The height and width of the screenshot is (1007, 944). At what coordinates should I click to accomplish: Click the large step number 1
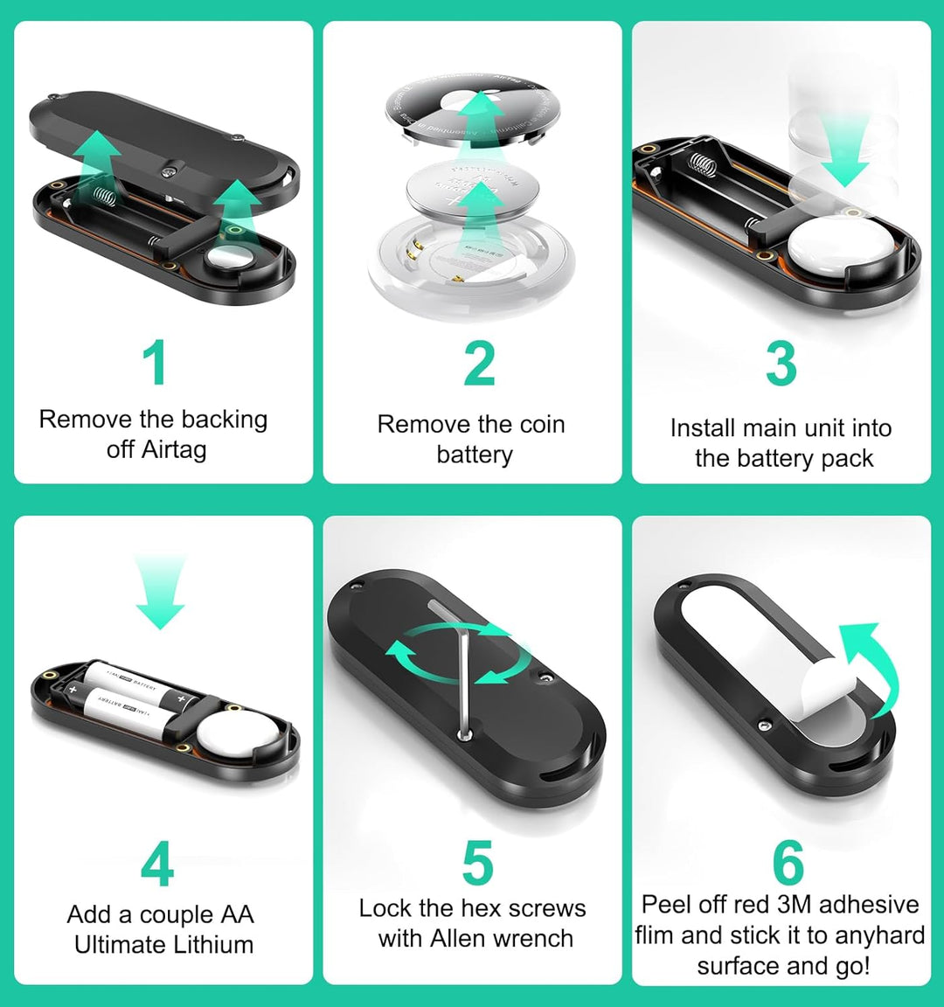[x=155, y=363]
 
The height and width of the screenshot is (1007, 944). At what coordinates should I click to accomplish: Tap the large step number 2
[x=479, y=365]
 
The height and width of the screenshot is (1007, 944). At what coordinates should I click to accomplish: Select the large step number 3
[x=781, y=365]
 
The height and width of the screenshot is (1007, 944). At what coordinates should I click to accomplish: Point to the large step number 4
[x=157, y=865]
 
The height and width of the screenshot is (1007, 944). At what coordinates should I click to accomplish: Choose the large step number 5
[x=477, y=864]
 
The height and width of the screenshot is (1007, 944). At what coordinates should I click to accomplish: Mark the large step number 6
[x=788, y=863]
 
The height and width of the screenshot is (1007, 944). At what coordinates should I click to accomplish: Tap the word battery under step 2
[x=475, y=455]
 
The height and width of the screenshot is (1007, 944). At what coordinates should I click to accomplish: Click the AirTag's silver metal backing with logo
[x=468, y=109]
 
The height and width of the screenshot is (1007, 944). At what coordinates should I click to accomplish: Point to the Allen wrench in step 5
[x=462, y=673]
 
